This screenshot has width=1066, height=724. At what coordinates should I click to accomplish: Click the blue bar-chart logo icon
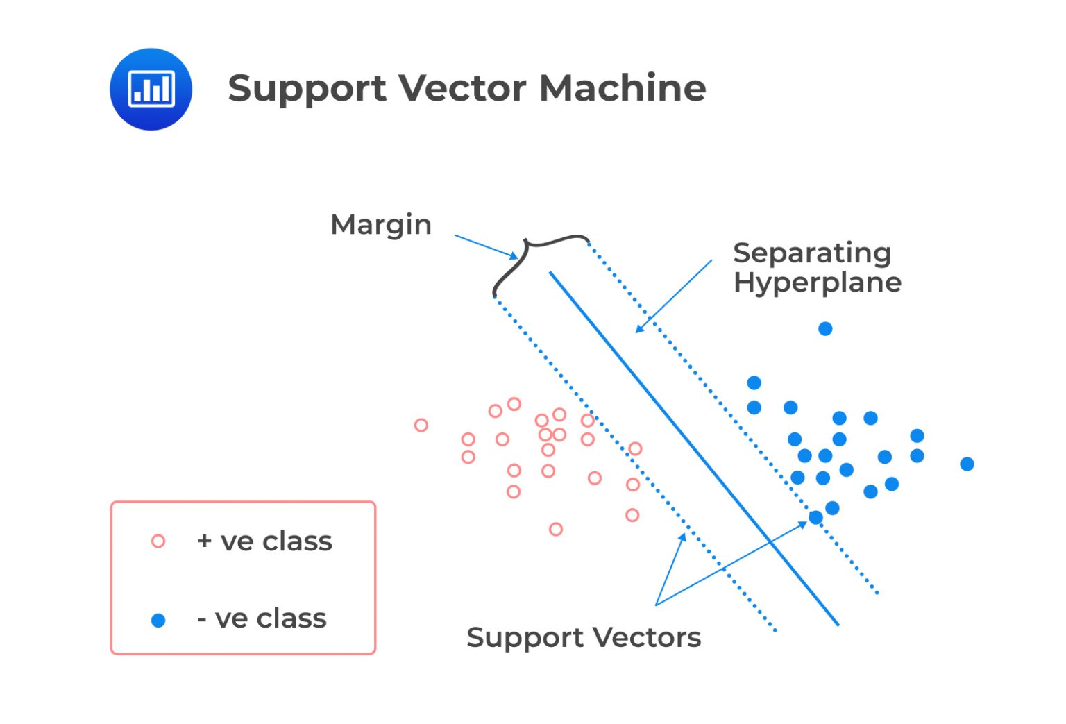tap(151, 89)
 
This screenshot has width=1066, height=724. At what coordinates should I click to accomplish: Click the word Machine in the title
tap(622, 88)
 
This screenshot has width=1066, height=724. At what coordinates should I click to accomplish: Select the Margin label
tap(381, 225)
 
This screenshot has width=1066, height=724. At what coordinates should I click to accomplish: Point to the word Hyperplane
tap(817, 283)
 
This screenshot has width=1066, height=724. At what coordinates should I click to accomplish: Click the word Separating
tap(811, 253)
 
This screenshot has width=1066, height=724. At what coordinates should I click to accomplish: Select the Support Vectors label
tap(583, 637)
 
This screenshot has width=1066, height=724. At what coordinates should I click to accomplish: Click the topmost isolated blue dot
tap(825, 328)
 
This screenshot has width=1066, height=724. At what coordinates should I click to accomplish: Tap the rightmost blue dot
tap(967, 464)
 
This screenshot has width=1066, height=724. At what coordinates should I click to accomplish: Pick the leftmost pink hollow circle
tap(421, 425)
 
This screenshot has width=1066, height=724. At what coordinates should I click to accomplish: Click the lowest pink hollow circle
tap(555, 529)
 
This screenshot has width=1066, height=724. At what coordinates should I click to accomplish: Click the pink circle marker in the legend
tap(158, 541)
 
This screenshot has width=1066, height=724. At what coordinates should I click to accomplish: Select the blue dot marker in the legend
tap(158, 620)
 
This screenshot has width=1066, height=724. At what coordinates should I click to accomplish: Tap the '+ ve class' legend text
tap(264, 541)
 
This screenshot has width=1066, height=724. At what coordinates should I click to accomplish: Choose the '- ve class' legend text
tap(262, 618)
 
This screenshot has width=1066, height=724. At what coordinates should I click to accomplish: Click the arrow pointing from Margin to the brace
tap(486, 246)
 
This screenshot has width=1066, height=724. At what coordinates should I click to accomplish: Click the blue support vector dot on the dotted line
tap(816, 517)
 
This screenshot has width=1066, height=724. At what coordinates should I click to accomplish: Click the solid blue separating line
tap(694, 448)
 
